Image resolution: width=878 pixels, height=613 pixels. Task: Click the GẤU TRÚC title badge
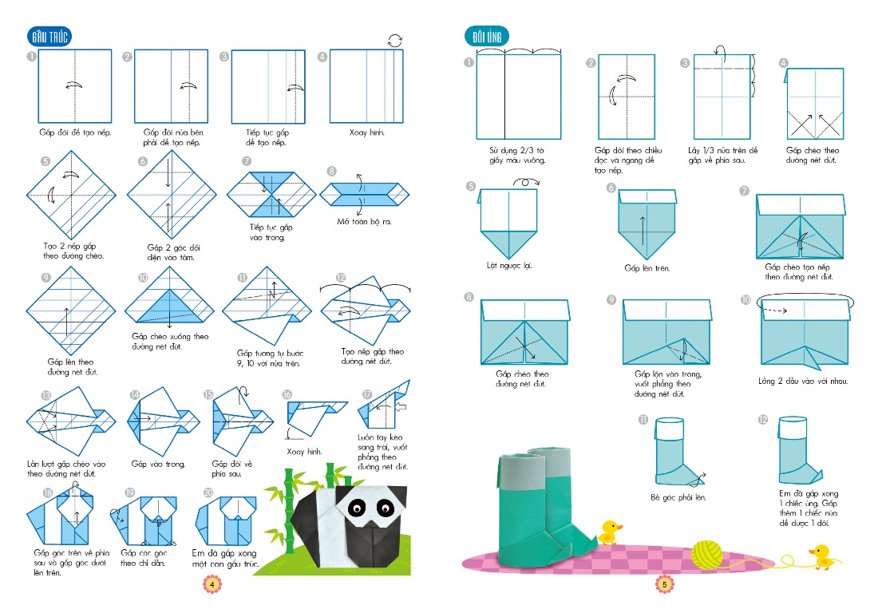[x=49, y=37]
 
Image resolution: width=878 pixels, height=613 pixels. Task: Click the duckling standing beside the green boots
[x=611, y=532]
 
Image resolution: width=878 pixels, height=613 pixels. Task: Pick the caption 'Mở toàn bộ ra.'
[x=363, y=221]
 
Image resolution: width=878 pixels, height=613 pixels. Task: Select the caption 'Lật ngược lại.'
[x=508, y=265]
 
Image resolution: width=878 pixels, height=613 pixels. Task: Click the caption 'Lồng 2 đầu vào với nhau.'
[x=803, y=381]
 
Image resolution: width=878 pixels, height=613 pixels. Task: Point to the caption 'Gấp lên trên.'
[x=647, y=268]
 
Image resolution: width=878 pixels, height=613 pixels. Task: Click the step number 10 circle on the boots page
[x=746, y=300]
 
